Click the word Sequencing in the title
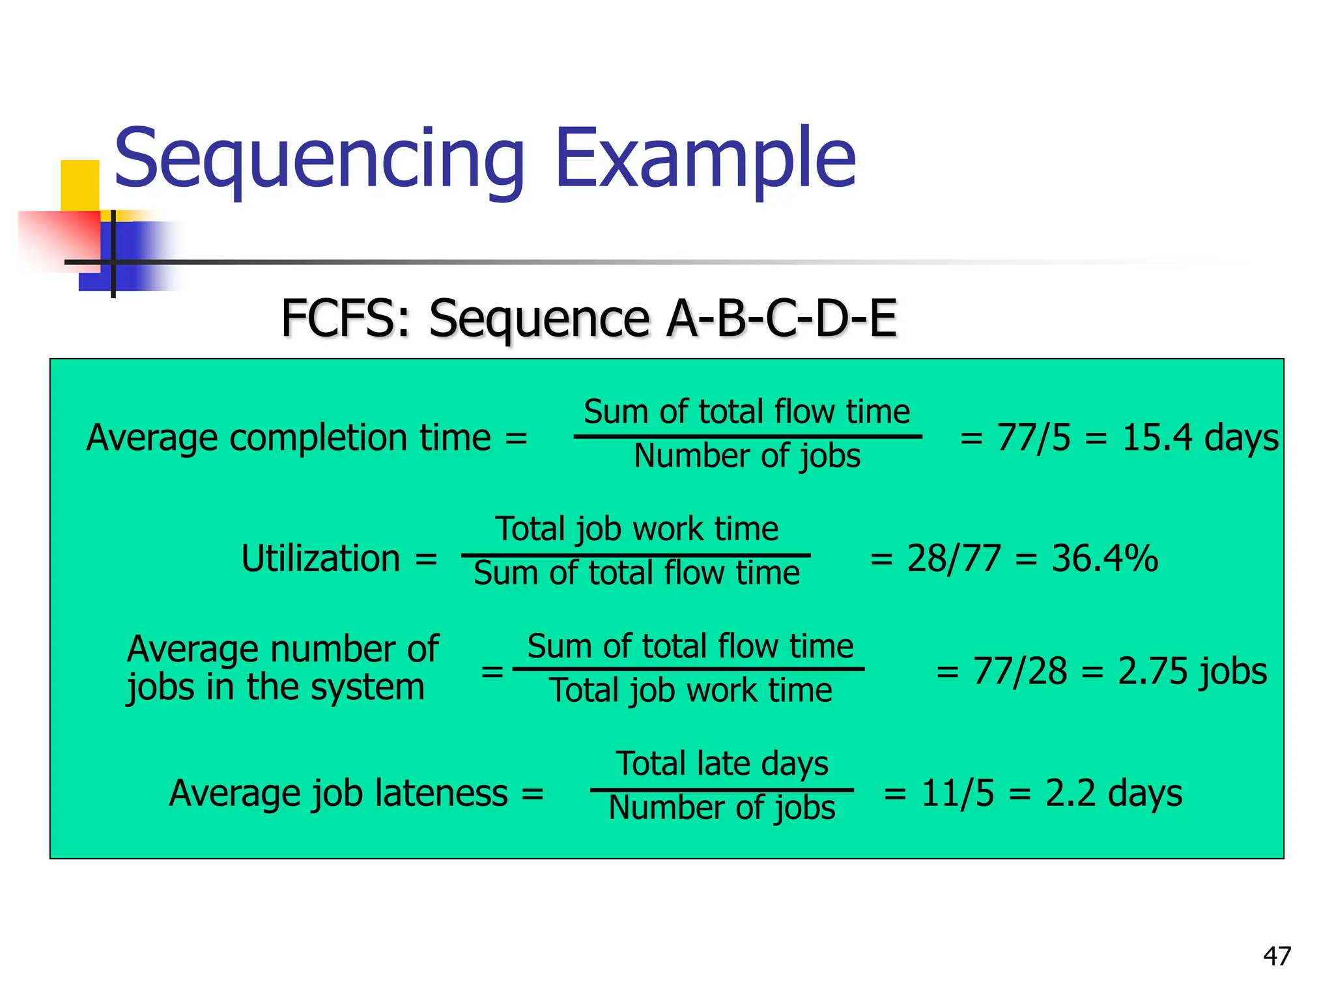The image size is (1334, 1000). coord(319,160)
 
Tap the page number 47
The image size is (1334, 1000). coord(1277,956)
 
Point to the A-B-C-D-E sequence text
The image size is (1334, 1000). coord(782,319)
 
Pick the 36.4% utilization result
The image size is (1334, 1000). coord(1105,559)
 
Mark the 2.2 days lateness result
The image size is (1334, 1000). coord(1114,793)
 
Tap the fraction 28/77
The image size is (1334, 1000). coord(954,559)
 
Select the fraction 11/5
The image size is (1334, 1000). coord(958,793)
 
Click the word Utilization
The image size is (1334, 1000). coord(320,559)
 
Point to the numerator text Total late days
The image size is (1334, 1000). coord(722,764)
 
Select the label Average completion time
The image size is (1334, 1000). coord(289,437)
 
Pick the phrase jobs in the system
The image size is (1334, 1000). coord(276,687)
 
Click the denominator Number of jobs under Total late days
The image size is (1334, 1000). coord(722,808)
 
